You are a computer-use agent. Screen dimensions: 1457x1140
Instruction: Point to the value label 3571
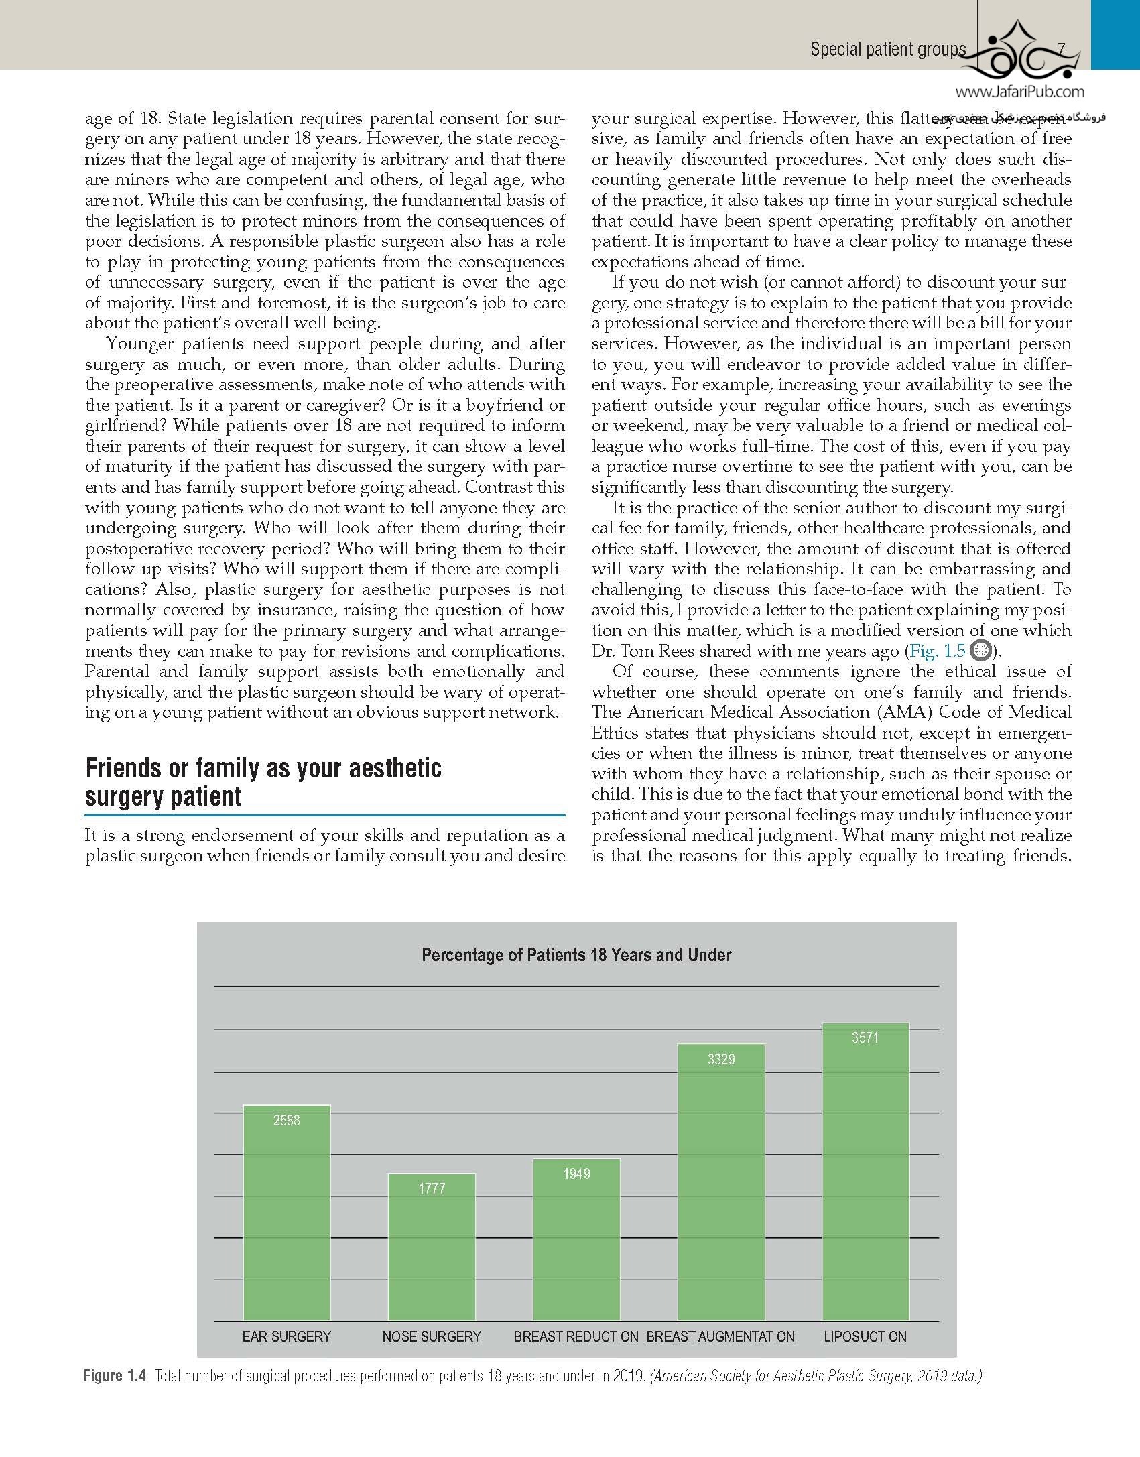pyautogui.click(x=865, y=1038)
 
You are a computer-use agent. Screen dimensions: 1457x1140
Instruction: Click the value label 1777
pyautogui.click(x=432, y=1188)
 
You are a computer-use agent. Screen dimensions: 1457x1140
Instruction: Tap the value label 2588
pyautogui.click(x=286, y=1120)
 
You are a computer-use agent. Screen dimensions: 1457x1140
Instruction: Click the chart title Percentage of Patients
pyautogui.click(x=576, y=954)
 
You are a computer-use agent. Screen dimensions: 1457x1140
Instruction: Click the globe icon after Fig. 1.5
pyautogui.click(x=980, y=651)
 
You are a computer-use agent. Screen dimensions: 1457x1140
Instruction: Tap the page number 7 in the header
pyautogui.click(x=1061, y=49)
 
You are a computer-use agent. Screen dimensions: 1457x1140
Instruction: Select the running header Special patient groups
pyautogui.click(x=888, y=49)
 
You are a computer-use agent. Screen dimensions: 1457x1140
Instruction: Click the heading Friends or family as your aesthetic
pyautogui.click(x=263, y=768)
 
